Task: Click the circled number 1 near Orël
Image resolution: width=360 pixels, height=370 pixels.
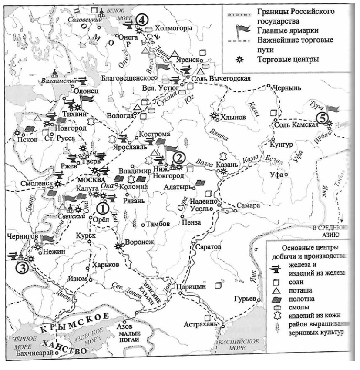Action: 101,209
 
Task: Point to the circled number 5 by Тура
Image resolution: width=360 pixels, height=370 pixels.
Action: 321,117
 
